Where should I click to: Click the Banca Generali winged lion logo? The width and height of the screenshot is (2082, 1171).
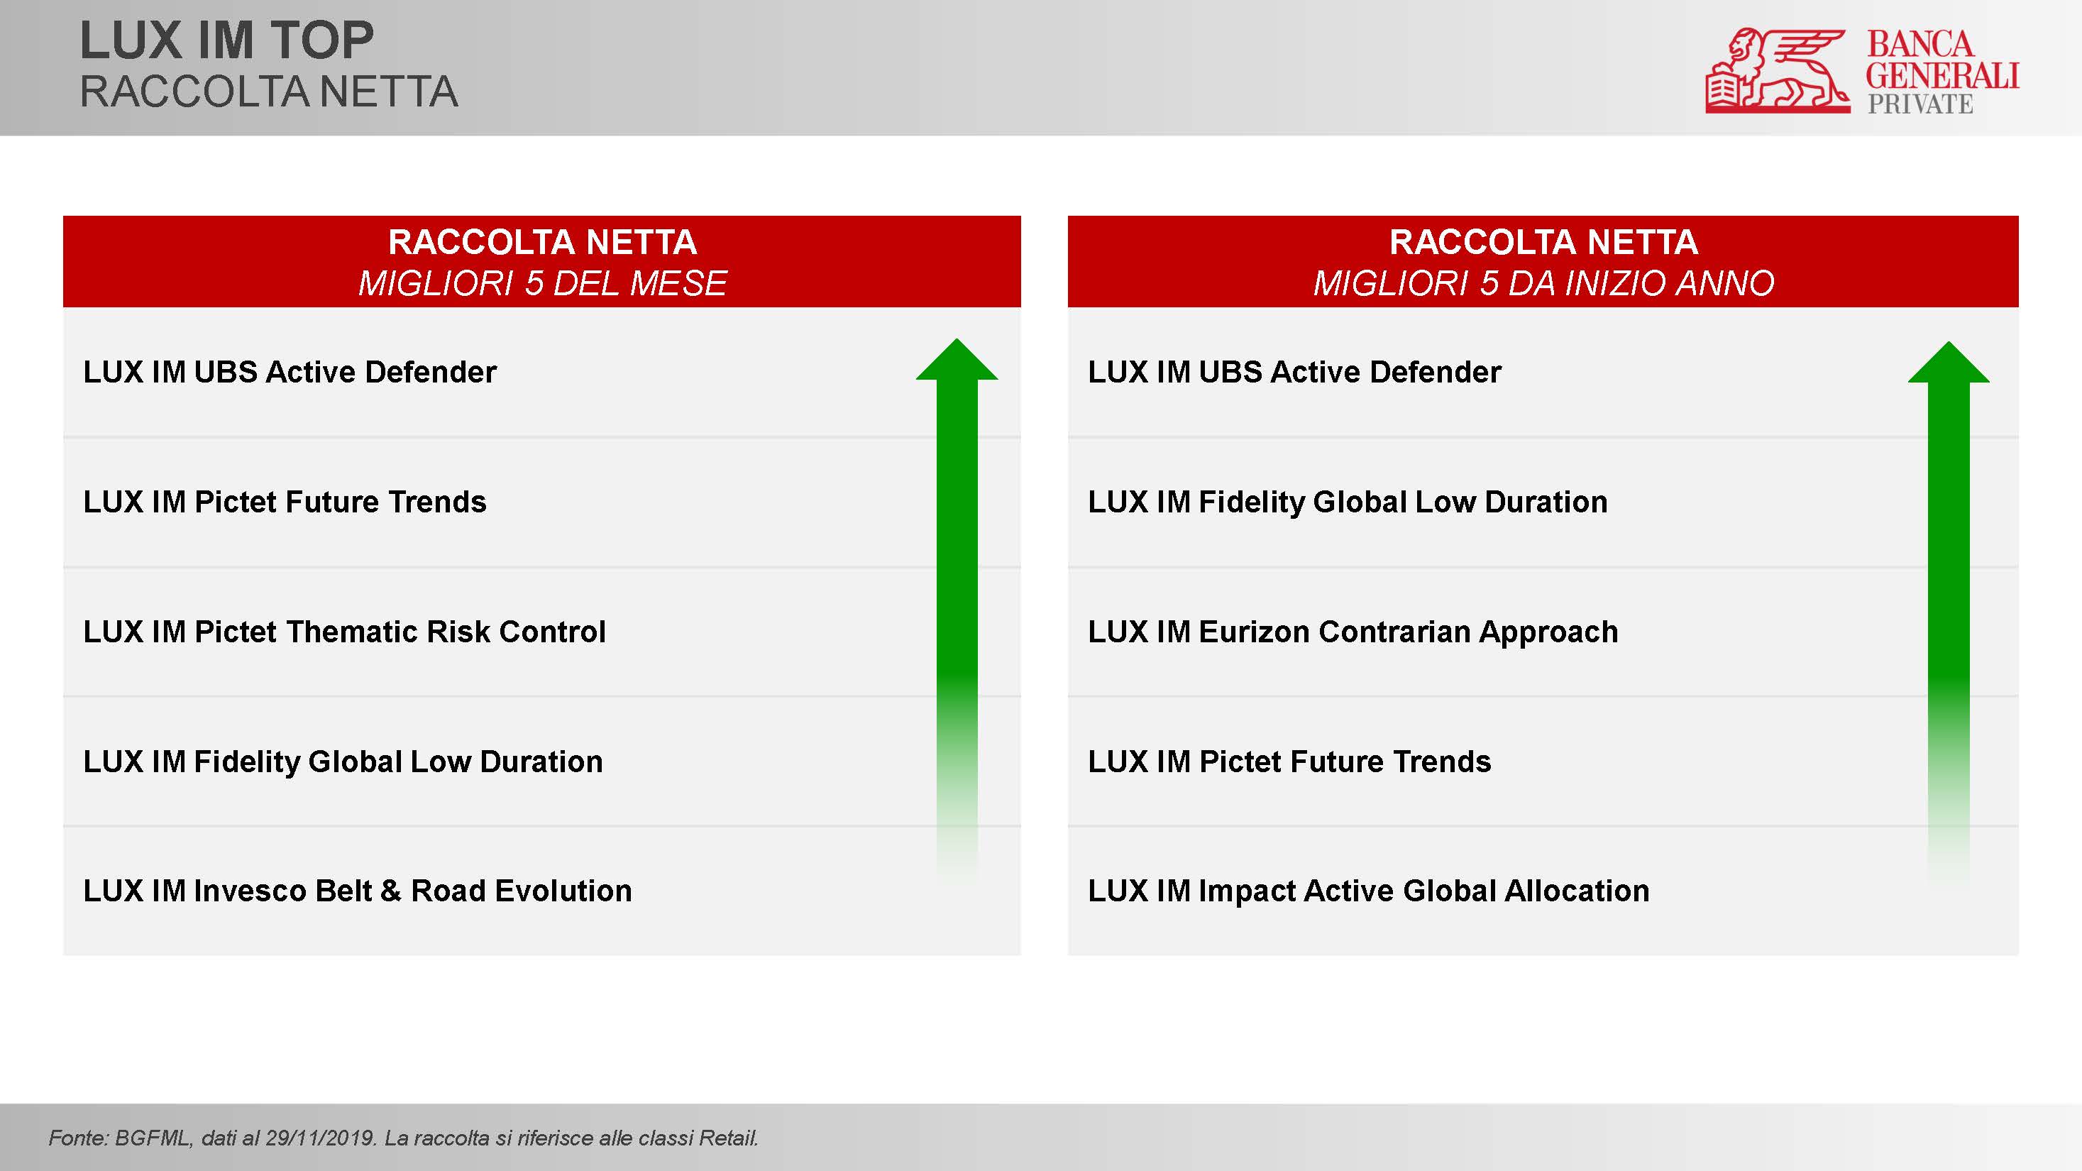pyautogui.click(x=1778, y=70)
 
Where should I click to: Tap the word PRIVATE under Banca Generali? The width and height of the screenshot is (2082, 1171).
pyautogui.click(x=1919, y=104)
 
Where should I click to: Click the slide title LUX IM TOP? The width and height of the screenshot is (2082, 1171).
pyautogui.click(x=227, y=40)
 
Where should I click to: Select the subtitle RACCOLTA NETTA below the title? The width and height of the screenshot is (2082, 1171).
pyautogui.click(x=269, y=92)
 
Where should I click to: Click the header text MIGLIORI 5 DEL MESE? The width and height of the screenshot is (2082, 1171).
pyautogui.click(x=542, y=283)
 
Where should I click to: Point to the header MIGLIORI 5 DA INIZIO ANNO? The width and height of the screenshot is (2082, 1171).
pyautogui.click(x=1543, y=283)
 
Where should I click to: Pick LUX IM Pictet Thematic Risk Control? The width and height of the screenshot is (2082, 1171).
pyautogui.click(x=344, y=631)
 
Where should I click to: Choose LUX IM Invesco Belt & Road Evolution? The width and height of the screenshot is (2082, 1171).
pyautogui.click(x=357, y=891)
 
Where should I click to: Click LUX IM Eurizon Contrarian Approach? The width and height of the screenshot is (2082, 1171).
pyautogui.click(x=1353, y=632)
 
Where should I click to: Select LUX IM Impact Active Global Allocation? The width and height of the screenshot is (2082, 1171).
pyautogui.click(x=1368, y=891)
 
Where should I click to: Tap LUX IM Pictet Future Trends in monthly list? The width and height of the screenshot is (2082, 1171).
pyautogui.click(x=285, y=502)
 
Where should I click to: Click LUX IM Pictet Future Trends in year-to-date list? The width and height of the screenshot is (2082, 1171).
pyautogui.click(x=1289, y=762)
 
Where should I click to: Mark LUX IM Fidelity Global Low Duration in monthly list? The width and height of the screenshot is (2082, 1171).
pyautogui.click(x=343, y=762)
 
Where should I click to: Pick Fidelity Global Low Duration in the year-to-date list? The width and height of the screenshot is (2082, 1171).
pyautogui.click(x=1403, y=502)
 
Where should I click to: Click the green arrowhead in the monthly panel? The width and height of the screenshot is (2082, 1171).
pyautogui.click(x=957, y=360)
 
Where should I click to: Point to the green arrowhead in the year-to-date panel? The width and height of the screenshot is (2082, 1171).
pyautogui.click(x=1949, y=362)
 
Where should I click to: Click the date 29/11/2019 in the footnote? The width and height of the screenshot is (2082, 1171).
pyautogui.click(x=321, y=1138)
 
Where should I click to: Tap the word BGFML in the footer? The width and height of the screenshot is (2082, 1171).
pyautogui.click(x=151, y=1138)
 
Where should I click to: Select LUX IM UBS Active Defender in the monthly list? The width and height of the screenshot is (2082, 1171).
pyautogui.click(x=290, y=372)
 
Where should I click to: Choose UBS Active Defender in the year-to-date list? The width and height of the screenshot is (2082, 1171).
pyautogui.click(x=1350, y=372)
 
